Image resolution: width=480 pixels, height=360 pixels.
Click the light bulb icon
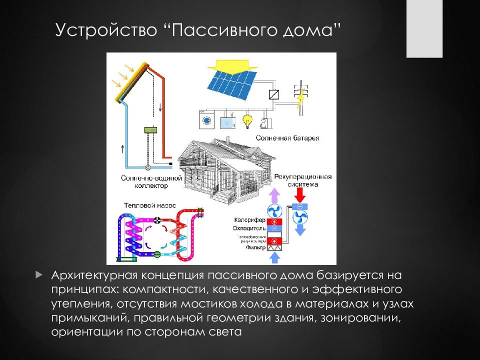pos(246,120)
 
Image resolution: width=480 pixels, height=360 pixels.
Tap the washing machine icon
pos(206,120)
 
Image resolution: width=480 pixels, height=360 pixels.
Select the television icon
pos(226,121)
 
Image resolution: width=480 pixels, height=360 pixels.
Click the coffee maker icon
pos(263,122)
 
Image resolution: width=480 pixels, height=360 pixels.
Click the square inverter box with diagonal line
pos(274,94)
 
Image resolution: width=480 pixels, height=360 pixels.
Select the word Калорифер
pos(249,220)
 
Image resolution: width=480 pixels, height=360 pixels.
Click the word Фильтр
pos(255,247)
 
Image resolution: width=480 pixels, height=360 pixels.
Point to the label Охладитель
pos(248,227)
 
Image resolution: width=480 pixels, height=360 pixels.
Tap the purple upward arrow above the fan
pos(274,194)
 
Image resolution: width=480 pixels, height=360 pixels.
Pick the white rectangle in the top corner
pos(424,28)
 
